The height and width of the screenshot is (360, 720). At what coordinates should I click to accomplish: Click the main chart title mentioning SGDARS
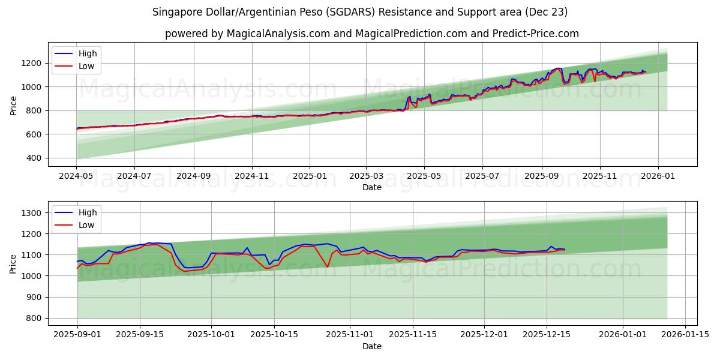pos(360,12)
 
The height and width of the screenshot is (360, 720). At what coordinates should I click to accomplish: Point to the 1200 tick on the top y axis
pos(31,63)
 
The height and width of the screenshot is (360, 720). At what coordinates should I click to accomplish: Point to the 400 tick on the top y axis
pos(34,158)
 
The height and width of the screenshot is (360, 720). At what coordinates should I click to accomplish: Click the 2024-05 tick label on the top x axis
pos(76,176)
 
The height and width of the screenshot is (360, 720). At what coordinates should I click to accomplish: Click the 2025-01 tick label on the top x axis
pos(310,176)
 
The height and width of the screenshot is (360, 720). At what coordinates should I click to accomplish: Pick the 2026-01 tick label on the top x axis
pos(658,176)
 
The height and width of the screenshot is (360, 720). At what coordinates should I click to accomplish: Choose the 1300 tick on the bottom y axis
pos(31,213)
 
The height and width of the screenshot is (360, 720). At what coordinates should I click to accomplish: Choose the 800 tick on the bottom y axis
pos(34,319)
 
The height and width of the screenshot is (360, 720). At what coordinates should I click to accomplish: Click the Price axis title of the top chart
pos(14,104)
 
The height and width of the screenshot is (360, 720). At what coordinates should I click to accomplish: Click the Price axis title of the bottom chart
pos(14,263)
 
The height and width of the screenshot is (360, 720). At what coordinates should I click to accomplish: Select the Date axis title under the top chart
pos(372,187)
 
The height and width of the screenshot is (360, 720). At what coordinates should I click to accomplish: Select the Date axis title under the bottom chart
pos(372,346)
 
